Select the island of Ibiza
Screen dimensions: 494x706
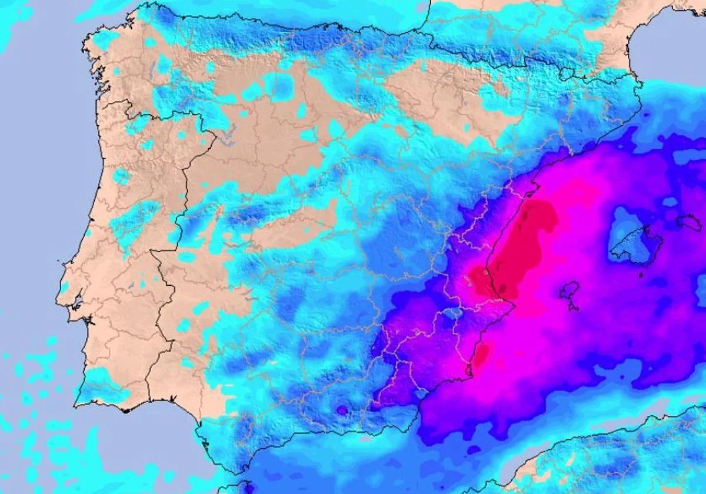[x=570, y=290]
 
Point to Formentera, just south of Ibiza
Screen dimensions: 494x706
[x=574, y=306]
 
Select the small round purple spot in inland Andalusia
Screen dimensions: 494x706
[x=341, y=409]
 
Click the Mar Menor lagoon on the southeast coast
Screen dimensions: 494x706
[x=469, y=370]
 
